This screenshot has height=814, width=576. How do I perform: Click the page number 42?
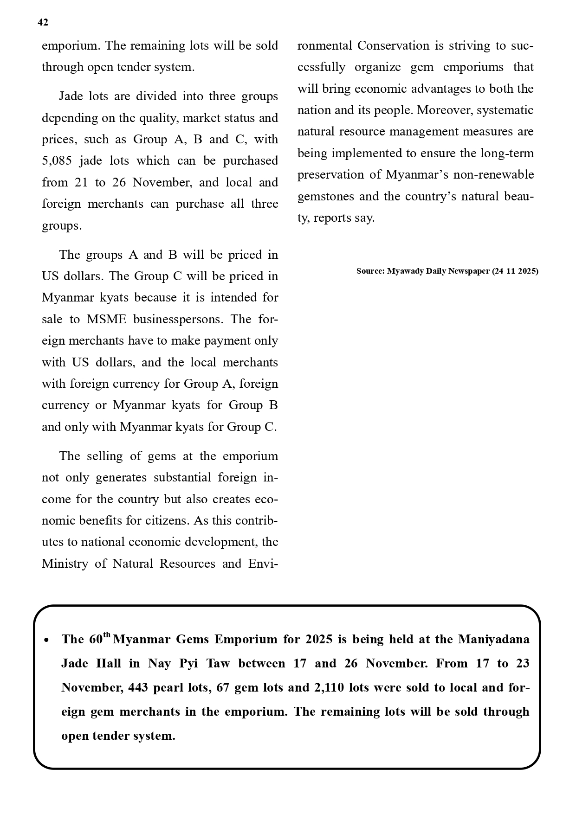tap(43, 22)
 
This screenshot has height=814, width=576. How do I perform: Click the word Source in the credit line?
tap(370, 271)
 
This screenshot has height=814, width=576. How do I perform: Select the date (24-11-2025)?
tap(515, 271)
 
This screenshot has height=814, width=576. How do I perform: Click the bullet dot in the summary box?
tap(46, 640)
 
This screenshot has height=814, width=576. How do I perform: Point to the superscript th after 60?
tap(107, 635)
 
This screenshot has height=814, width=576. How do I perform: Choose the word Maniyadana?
tap(494, 639)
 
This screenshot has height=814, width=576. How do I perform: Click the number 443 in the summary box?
tap(138, 687)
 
